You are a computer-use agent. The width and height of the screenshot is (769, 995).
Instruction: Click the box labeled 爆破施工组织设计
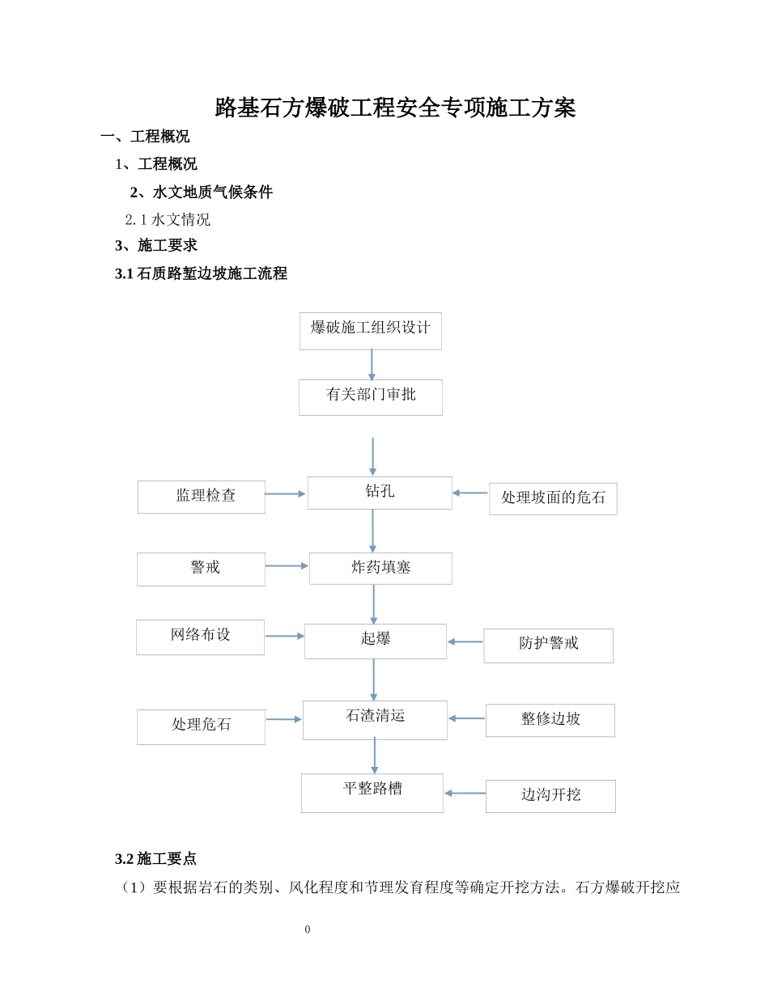[x=370, y=330]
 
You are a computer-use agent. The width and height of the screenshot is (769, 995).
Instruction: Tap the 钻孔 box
[x=379, y=493]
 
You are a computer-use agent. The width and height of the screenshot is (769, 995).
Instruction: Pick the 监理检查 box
[x=201, y=497]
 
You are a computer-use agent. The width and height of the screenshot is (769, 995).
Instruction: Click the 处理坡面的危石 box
[x=553, y=498]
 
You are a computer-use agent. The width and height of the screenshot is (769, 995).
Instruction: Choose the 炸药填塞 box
[x=380, y=568]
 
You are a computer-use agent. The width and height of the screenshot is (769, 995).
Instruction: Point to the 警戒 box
[x=201, y=569]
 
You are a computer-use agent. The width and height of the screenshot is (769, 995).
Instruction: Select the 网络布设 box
[x=200, y=637]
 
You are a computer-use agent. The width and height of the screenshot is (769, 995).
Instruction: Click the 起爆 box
[x=375, y=641]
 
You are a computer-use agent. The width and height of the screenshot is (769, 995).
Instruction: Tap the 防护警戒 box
[x=548, y=645]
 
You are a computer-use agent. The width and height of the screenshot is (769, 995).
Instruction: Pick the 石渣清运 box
[x=375, y=719]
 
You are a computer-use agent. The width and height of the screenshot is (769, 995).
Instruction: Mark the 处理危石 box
[x=201, y=726]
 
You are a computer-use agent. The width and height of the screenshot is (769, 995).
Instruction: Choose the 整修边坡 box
[x=550, y=720]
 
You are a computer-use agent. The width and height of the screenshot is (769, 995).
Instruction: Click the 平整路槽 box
[x=372, y=792]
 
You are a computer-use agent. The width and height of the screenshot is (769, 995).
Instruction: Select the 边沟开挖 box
[x=550, y=796]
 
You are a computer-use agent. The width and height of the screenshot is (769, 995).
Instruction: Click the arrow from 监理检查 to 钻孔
[x=285, y=493]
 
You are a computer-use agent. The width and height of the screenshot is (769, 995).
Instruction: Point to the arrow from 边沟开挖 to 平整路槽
[x=465, y=794]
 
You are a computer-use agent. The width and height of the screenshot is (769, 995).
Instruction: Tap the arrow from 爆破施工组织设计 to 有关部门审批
[x=372, y=364]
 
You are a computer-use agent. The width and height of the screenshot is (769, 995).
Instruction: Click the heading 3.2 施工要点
[x=155, y=858]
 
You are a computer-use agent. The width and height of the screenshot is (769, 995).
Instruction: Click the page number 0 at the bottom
[x=308, y=929]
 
